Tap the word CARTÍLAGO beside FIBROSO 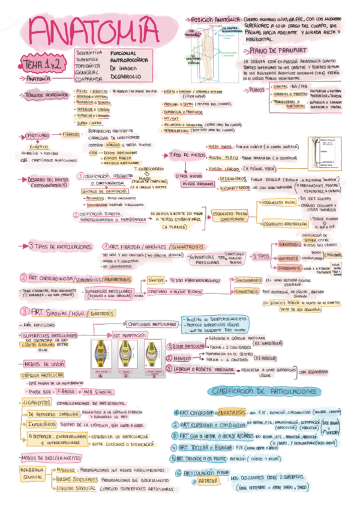tap(37, 136)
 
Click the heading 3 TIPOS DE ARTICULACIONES tap(59, 245)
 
